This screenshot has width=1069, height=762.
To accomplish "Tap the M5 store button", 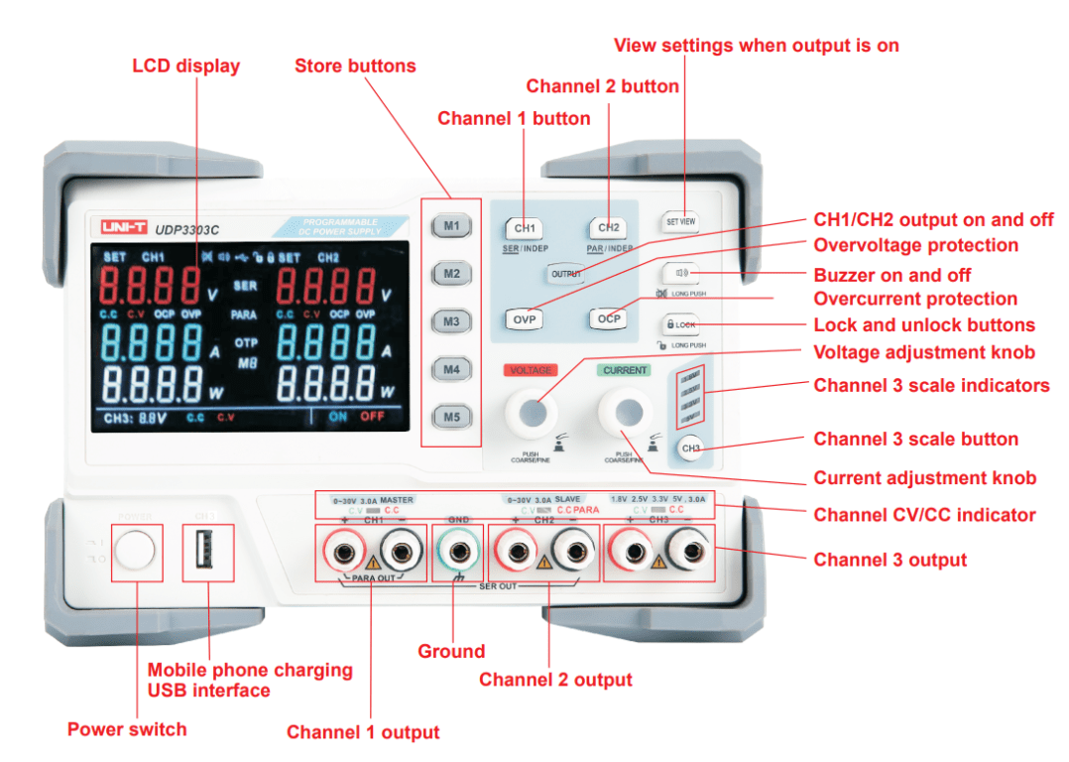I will tap(451, 417).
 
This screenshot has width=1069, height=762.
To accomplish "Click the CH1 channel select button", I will tap(525, 228).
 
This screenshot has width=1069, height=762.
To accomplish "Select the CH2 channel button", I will tap(608, 228).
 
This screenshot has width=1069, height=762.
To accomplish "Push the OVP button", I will tap(525, 319).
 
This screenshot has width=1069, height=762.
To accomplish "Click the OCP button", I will tap(608, 319).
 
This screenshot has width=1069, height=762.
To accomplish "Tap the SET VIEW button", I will tap(680, 222).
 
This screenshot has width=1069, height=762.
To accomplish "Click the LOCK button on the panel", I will tap(680, 324).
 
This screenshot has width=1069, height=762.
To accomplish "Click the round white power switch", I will tap(136, 553).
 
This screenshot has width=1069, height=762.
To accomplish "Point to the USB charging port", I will tap(207, 553).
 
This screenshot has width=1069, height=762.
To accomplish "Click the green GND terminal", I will tap(459, 552).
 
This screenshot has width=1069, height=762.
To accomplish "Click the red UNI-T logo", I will tap(124, 228).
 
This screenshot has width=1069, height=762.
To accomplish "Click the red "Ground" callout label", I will tap(451, 652).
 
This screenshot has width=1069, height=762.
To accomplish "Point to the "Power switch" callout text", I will tap(127, 729).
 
